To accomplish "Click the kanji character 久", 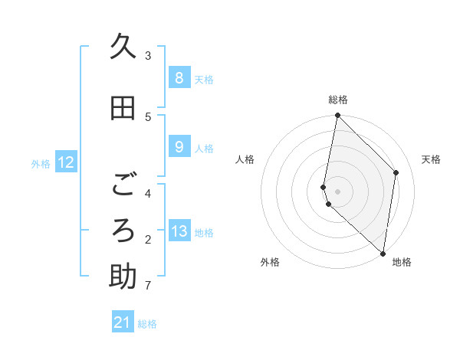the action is coord(123,47).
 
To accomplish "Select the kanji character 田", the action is coord(123,109).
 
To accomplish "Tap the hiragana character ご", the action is coord(123,185).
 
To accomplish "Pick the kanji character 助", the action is coord(123,277).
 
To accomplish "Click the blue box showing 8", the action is coord(179,77).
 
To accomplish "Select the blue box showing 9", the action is coord(179,146).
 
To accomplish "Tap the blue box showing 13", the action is coord(179,231).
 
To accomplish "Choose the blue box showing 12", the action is coord(66,162).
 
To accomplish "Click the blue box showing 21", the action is coord(123,322).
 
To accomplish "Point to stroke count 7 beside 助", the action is coord(147,286).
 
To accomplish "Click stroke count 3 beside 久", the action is coord(148,55).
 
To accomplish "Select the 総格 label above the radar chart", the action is coord(338,100).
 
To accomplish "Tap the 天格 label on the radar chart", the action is coord(431,159).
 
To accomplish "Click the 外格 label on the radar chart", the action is coord(270,262).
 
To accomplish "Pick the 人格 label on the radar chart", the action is coord(245,159).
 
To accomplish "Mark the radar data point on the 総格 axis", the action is coord(337,116).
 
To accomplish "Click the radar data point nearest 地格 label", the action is coord(383,252).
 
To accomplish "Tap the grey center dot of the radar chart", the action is coord(337,191).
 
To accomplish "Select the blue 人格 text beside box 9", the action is coord(204,148).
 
